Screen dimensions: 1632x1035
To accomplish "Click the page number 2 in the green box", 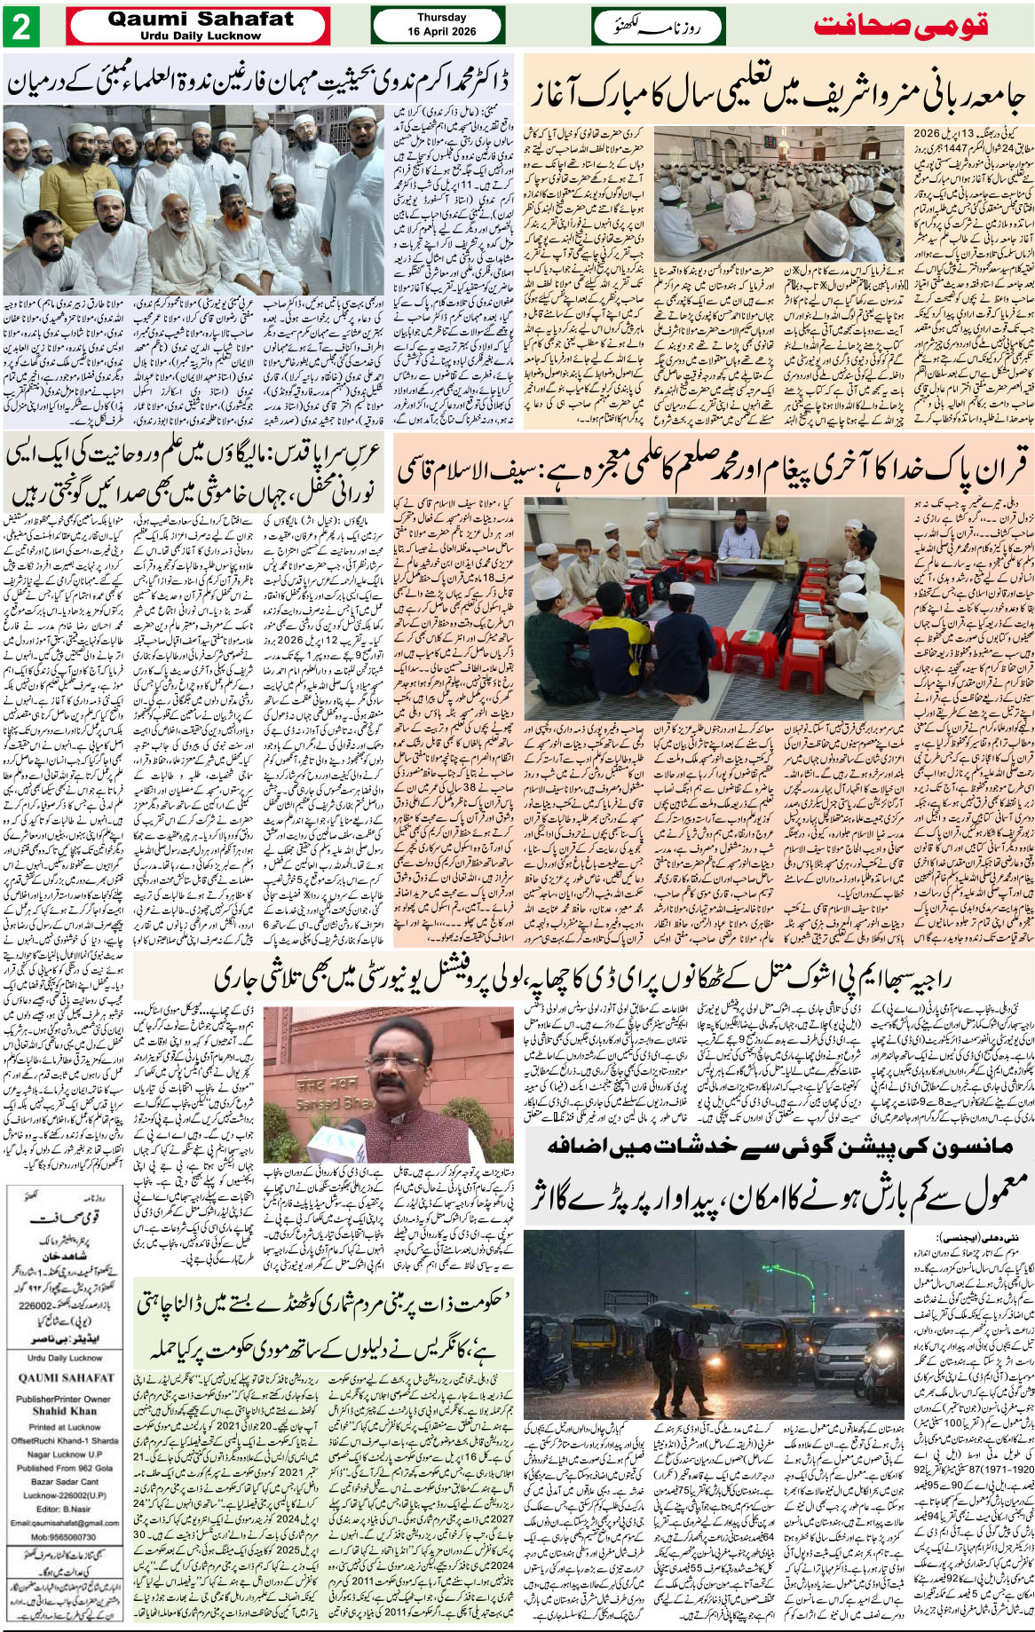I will tap(20, 27).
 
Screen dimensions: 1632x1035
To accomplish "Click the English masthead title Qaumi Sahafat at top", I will tap(200, 19).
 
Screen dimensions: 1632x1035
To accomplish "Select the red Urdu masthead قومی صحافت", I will tap(900, 26).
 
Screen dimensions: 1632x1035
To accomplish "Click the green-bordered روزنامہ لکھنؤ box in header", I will tap(658, 27).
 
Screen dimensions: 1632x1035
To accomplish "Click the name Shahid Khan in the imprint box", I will tap(65, 1410).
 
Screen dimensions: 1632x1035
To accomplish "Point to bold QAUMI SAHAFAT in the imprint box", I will tap(66, 1378).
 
